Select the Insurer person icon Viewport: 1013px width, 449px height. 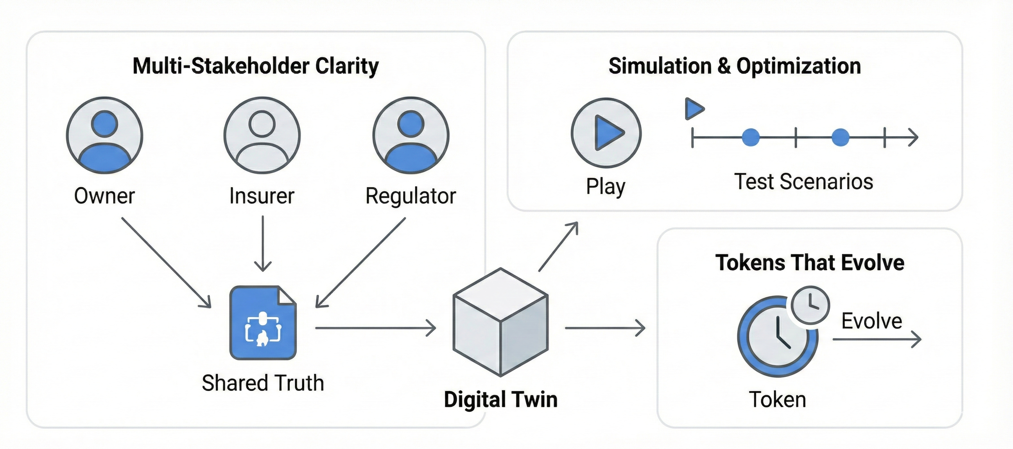(x=262, y=135)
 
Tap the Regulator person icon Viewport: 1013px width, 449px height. (x=411, y=135)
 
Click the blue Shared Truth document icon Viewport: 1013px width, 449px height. (x=263, y=322)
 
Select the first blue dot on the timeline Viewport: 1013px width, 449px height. (x=751, y=138)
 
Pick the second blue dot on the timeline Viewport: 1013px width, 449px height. (x=840, y=138)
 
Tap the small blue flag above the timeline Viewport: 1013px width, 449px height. (x=694, y=109)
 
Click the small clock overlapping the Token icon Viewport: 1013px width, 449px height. (x=810, y=305)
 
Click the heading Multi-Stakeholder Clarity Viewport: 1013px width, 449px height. (x=256, y=66)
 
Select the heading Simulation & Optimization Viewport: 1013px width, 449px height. (x=735, y=66)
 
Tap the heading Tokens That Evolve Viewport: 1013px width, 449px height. (x=810, y=263)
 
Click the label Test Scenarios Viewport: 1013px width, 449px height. (x=803, y=182)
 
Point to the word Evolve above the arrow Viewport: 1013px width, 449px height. (x=871, y=321)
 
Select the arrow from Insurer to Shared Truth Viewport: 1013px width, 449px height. (x=263, y=244)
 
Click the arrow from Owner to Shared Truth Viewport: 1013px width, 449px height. (x=166, y=262)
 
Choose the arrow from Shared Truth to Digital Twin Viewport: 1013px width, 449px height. (x=376, y=328)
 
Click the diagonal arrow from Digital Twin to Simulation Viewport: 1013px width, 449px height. (x=558, y=246)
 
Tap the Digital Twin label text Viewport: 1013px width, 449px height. (x=500, y=399)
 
